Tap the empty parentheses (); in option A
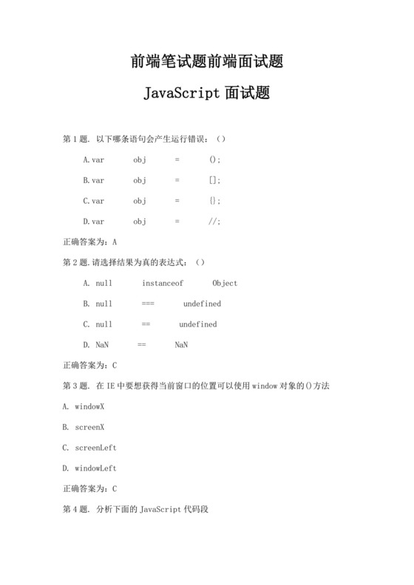click(215, 160)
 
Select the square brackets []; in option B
click(215, 180)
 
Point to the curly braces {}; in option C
click(215, 201)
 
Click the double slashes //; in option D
click(215, 222)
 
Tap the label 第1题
click(77, 139)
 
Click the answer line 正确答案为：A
click(90, 242)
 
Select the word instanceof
click(163, 283)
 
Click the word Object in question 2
click(225, 283)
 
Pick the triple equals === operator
click(148, 304)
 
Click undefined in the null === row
click(202, 304)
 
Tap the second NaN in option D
click(181, 345)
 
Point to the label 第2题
click(77, 262)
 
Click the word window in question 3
click(265, 386)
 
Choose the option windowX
click(89, 406)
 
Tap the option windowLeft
click(95, 468)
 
